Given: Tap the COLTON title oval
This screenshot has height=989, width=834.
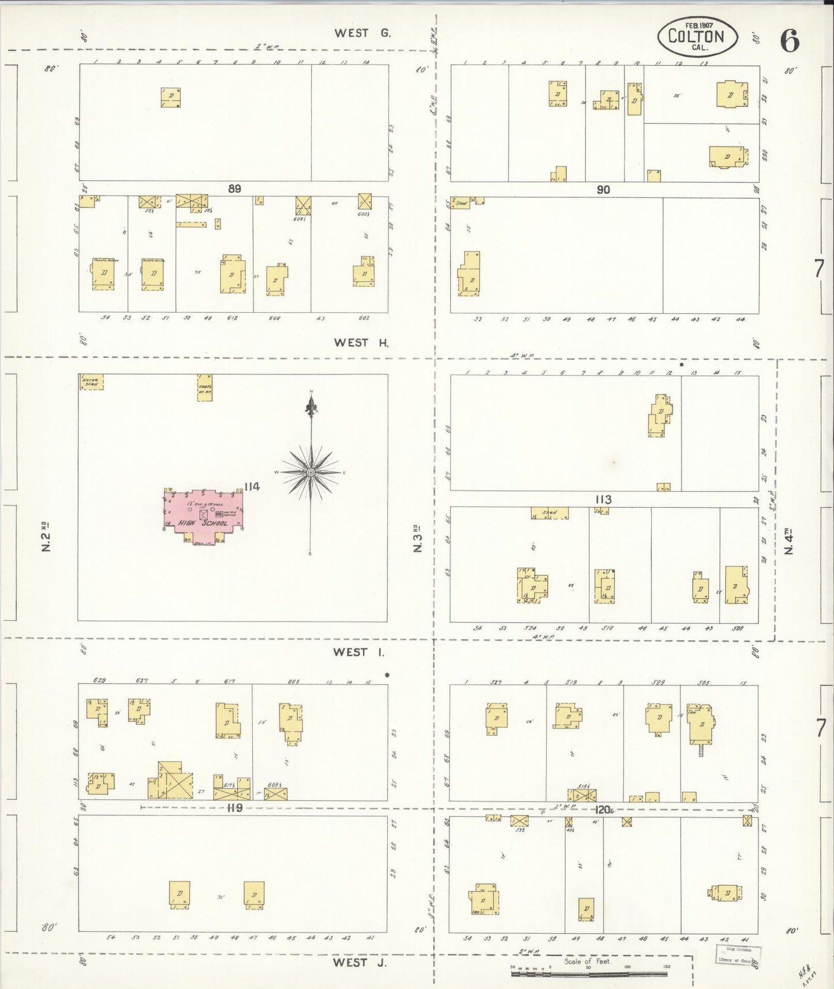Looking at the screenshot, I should pos(697,36).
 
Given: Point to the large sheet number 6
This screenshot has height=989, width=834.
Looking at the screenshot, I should pos(790,40).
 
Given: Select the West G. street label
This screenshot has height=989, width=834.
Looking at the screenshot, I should pos(362,33).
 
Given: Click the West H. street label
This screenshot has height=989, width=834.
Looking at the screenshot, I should pos(361,343).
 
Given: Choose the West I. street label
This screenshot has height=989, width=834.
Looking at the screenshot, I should pos(358,652).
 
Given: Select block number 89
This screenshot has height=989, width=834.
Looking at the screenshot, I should pos(234,189).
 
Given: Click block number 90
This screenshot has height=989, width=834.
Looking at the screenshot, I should pos(603,189).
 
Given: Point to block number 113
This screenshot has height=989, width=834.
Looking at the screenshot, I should pos(603,499).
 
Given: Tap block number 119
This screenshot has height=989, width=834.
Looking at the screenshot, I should pos(234,808).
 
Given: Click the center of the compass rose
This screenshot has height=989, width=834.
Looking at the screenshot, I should pos(311,473).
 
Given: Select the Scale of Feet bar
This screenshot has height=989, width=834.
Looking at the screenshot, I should pos(589,974).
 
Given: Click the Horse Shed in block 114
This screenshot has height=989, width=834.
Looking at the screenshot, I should pos(91,382).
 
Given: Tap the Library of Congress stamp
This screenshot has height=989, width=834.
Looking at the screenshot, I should pos(738,954).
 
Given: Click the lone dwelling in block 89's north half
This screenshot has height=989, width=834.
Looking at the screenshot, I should pos(171,98).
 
